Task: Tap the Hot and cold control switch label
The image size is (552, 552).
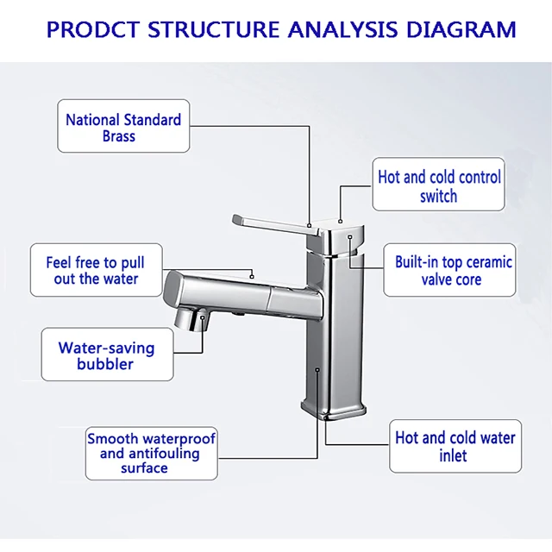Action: [439, 186]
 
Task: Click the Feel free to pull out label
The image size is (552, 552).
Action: [95, 271]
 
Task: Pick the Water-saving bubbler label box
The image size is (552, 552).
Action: [107, 355]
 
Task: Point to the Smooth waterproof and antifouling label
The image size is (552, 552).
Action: [151, 453]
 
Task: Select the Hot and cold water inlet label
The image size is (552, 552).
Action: [455, 446]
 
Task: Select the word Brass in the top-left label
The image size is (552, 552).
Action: [119, 136]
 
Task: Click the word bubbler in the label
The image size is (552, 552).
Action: [105, 364]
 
